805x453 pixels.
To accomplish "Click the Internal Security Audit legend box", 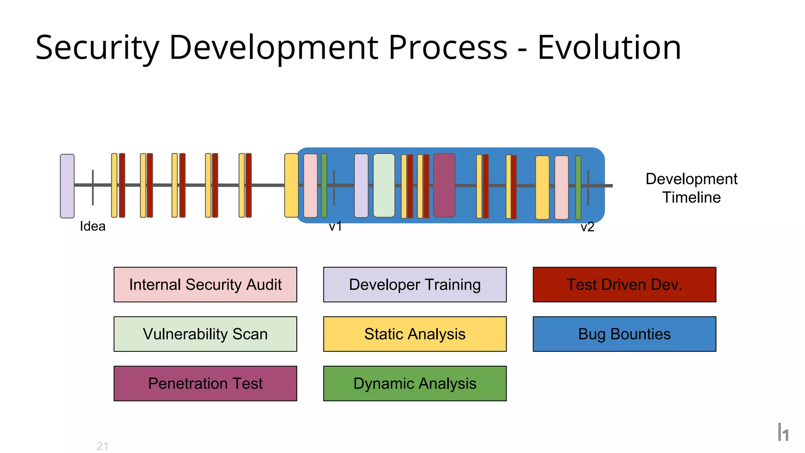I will coord(205,285).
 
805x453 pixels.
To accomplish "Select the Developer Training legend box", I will coord(415,285).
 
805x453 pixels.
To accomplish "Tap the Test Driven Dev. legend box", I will coord(624,285).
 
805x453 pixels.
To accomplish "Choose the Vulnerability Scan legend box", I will coord(205,334).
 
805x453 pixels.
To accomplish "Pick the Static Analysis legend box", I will coord(415,334).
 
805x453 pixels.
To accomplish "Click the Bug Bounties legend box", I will coord(624,334).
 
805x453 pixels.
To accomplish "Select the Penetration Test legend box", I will coord(205,383).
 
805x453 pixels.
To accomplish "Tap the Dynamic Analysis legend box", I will coord(415,383).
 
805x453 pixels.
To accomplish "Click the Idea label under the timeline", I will coord(92,226).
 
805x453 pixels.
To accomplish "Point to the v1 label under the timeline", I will coord(335,226).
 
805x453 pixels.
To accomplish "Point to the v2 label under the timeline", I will coord(587,227).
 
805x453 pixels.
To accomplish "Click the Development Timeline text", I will coord(691,188).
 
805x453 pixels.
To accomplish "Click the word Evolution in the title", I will coord(609,48).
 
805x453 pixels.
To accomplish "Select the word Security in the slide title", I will coord(97,48).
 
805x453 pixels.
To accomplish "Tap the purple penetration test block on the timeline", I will coord(444,185).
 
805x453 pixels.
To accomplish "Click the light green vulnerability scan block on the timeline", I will coord(384,185).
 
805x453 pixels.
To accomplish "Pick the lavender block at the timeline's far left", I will coord(67,186).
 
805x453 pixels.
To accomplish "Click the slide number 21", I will coord(102,446).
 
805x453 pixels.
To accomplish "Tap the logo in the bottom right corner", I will coord(783,432).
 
